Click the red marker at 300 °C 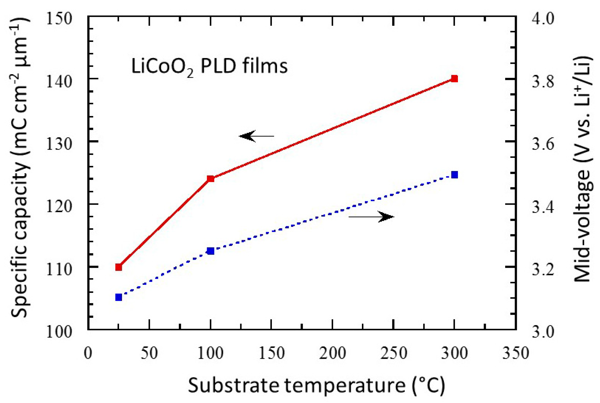(454, 79)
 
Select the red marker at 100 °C (211, 179)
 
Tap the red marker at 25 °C (119, 267)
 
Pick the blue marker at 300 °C (454, 175)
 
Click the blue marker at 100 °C (211, 251)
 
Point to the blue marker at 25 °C (119, 297)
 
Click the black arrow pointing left (256, 136)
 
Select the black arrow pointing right (371, 216)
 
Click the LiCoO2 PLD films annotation (209, 66)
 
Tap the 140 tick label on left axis (59, 81)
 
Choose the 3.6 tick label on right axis (543, 144)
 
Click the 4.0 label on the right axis (543, 19)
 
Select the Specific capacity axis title (20, 168)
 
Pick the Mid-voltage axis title (582, 169)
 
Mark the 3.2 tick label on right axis (543, 270)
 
